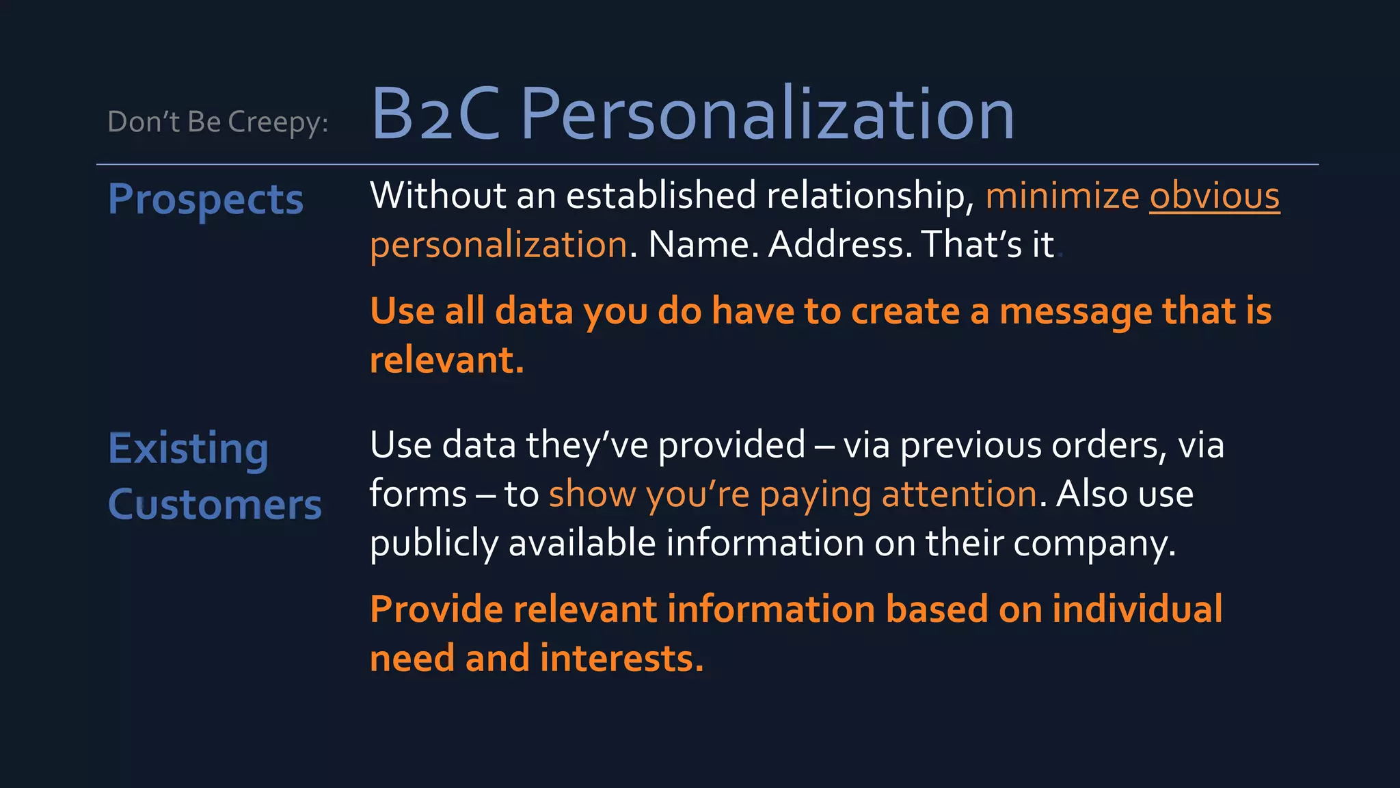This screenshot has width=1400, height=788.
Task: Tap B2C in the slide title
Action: [435, 115]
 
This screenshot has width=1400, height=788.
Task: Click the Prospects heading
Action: [205, 200]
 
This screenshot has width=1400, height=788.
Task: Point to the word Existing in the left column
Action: [188, 449]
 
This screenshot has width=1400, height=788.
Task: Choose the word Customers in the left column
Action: [215, 505]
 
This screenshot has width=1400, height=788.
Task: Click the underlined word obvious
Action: [1214, 196]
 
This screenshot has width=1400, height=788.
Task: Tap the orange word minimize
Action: [1062, 196]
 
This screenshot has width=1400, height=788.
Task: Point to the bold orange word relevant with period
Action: [446, 360]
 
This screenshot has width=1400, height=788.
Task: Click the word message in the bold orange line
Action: [1076, 312]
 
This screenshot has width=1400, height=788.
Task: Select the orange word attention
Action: [959, 495]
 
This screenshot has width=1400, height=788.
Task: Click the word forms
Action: [418, 495]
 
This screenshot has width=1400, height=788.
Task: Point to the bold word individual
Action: [1137, 609]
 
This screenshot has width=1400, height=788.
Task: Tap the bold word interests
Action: [621, 659]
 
